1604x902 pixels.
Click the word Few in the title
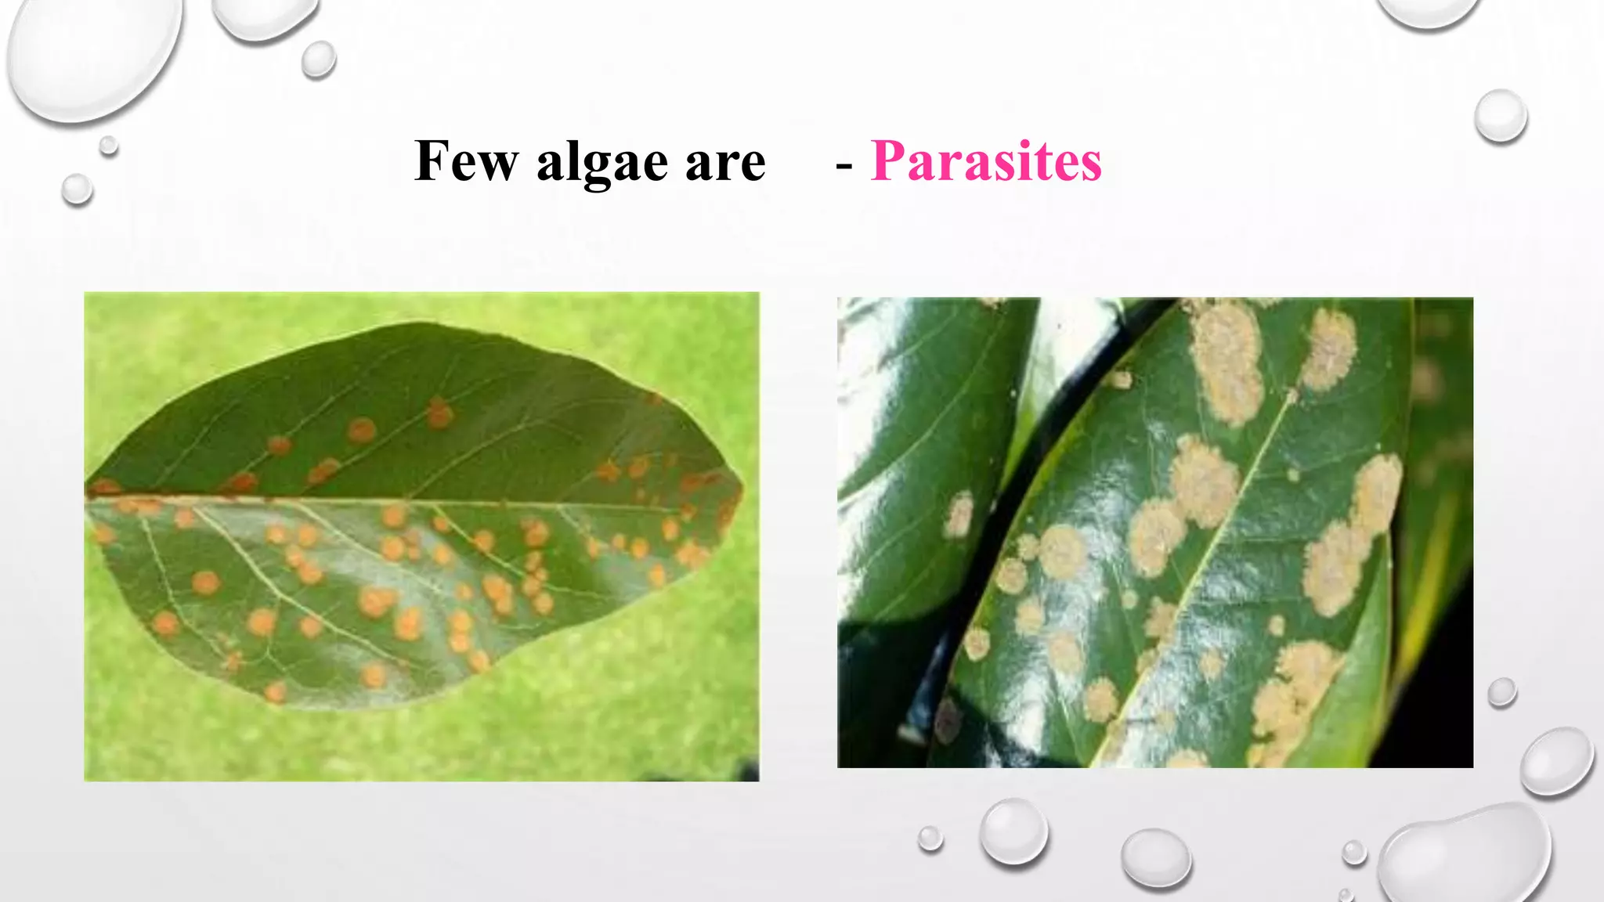point(466,161)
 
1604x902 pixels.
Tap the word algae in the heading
point(601,163)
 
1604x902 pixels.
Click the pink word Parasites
point(986,161)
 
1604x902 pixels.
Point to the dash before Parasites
point(844,165)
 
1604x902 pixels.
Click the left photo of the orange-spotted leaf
point(421,536)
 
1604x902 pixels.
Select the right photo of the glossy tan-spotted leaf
point(1154,532)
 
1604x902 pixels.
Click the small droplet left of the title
point(77,189)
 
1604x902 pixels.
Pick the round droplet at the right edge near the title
point(1501,116)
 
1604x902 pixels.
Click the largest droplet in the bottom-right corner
point(1465,853)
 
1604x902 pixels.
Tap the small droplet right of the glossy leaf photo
point(1501,692)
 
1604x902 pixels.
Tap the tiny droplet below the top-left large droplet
point(109,145)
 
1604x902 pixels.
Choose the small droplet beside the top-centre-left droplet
point(319,59)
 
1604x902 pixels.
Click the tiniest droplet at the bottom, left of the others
point(930,838)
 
